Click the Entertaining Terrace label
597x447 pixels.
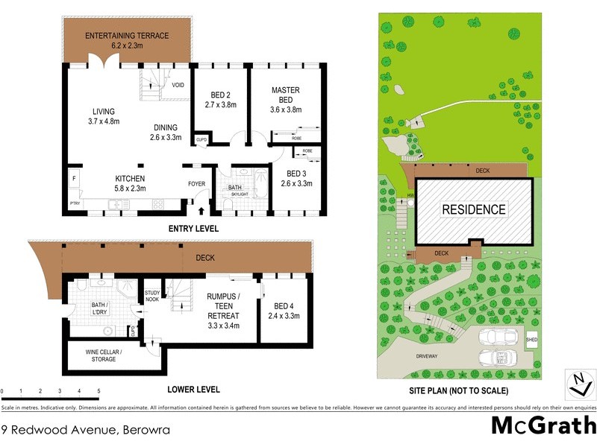(127, 40)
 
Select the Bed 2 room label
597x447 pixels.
(219, 100)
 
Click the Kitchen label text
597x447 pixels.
(129, 183)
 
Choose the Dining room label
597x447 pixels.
(166, 132)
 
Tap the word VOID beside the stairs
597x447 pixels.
(178, 85)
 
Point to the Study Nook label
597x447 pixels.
(152, 296)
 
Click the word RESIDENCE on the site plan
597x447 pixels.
(474, 209)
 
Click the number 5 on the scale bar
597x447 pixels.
(99, 391)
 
